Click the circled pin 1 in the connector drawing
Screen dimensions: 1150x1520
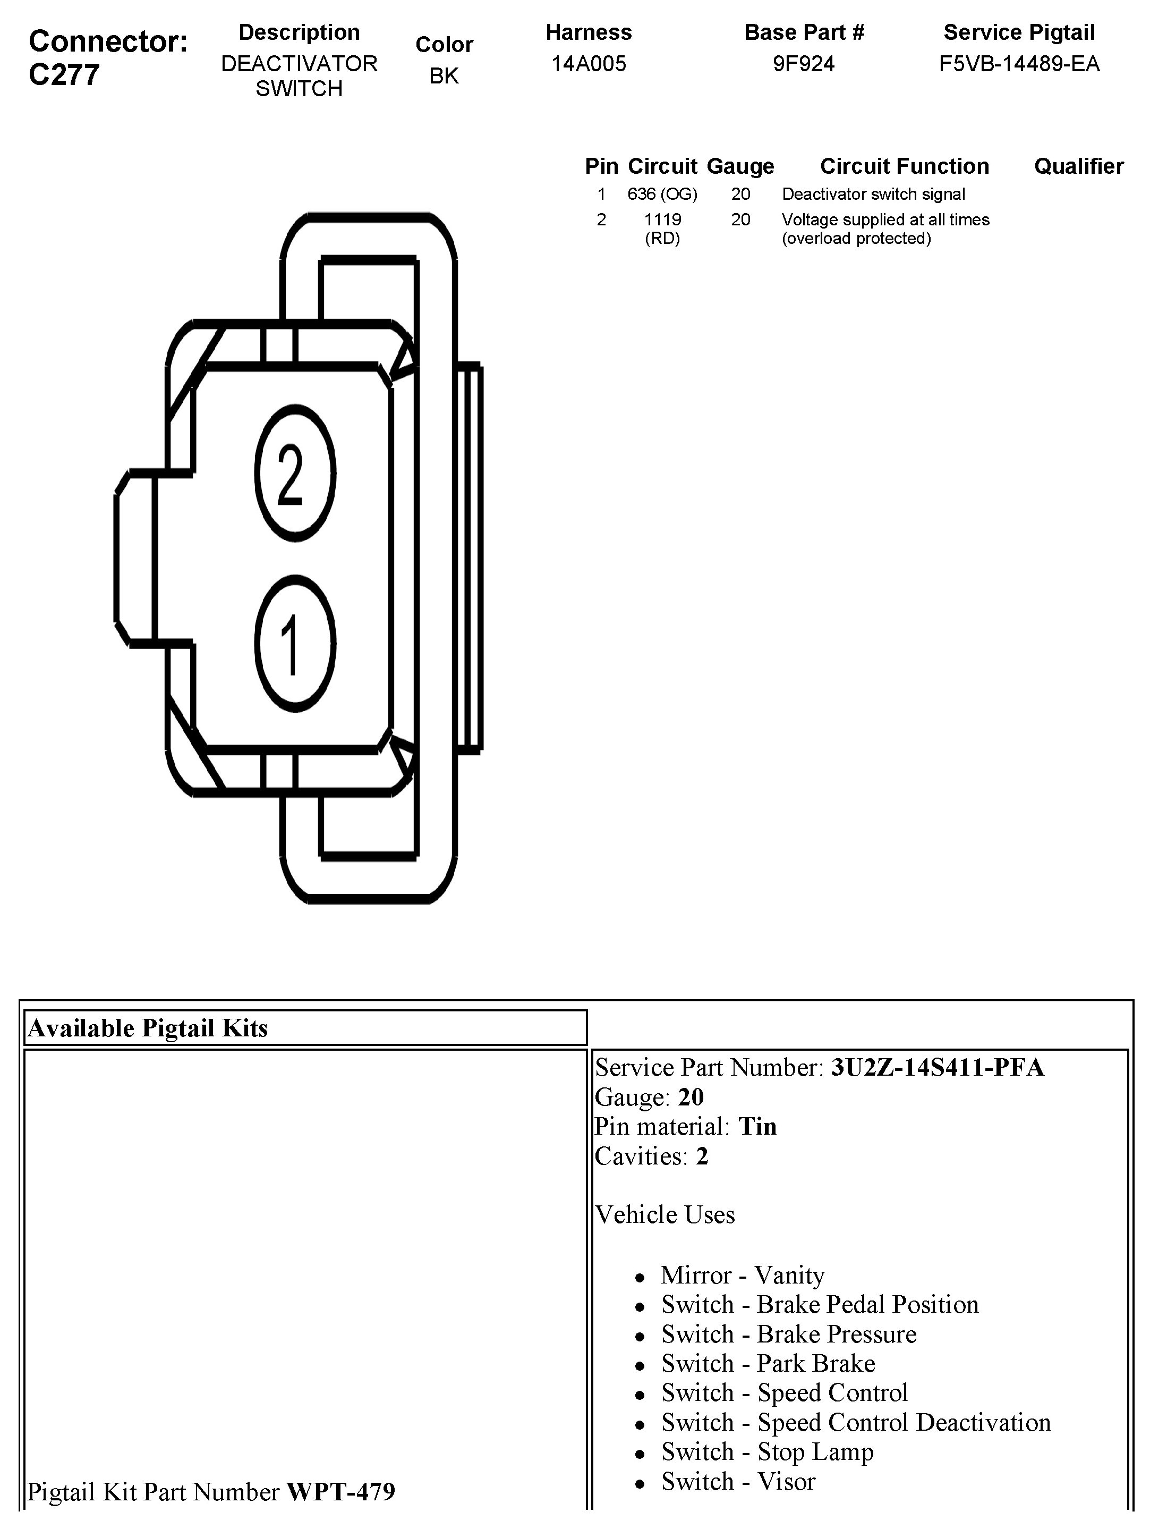point(295,644)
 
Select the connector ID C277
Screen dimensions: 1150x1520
point(63,74)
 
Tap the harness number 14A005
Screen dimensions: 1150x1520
point(589,64)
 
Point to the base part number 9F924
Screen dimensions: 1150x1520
point(804,64)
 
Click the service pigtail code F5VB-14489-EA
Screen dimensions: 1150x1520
point(1019,64)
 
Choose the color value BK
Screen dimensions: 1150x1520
point(444,75)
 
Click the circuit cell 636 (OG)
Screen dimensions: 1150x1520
point(662,195)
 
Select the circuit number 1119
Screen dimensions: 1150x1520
point(662,220)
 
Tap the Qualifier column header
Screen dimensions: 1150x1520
point(1078,166)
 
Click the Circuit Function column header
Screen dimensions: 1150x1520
point(904,166)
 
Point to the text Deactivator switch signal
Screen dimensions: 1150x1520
point(873,195)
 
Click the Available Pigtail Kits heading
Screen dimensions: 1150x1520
point(148,1028)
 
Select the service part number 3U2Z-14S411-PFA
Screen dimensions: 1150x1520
point(937,1067)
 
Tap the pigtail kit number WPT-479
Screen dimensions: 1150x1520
point(340,1491)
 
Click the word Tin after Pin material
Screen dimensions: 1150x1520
point(757,1126)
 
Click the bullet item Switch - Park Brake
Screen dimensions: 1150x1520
point(768,1363)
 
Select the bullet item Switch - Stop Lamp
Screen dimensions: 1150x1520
point(768,1452)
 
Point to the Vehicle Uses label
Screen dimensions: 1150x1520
point(665,1215)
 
